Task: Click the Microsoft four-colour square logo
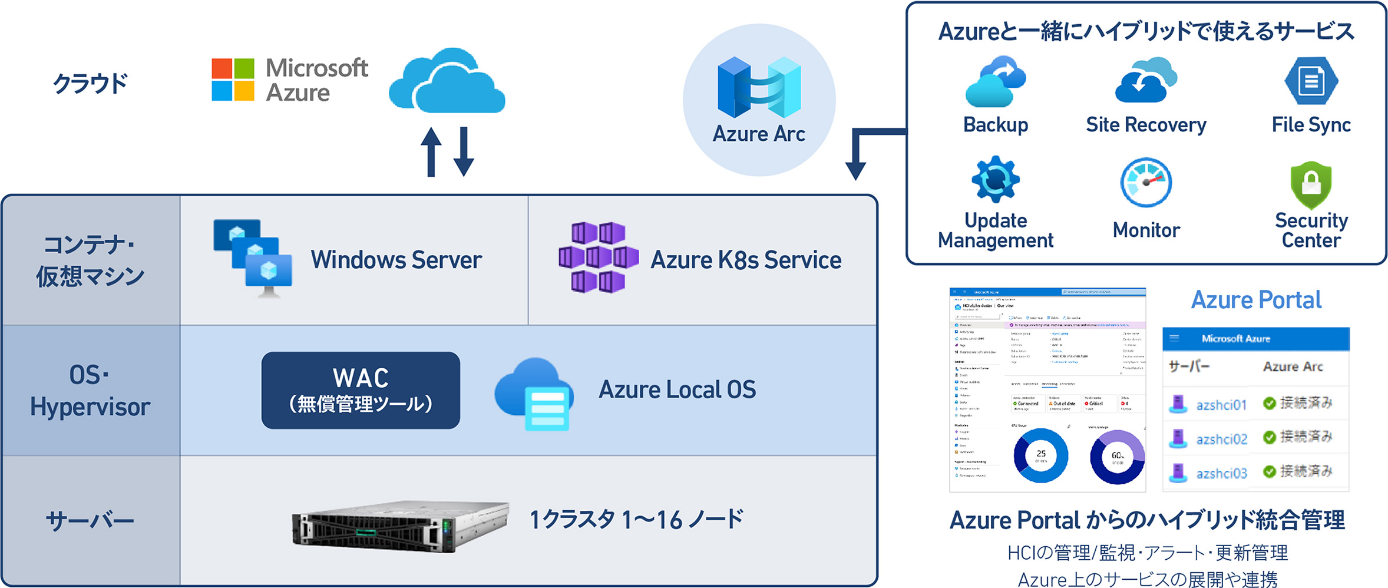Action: click(233, 80)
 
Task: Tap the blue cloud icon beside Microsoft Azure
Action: click(447, 82)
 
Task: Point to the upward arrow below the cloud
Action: click(431, 152)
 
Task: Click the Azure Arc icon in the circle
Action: click(759, 87)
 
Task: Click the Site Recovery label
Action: click(1146, 125)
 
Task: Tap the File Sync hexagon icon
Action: click(1311, 81)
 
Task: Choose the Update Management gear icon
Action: click(995, 179)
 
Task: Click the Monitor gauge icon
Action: click(1146, 182)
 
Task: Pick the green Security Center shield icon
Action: click(1311, 184)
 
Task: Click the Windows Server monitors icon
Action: click(253, 257)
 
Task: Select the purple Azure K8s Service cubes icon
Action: click(598, 257)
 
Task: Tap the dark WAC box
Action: click(361, 390)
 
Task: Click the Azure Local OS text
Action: click(677, 390)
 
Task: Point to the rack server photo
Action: click(400, 526)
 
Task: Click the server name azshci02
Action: click(1221, 440)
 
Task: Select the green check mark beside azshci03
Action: click(1270, 471)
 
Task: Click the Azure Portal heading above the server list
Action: click(1256, 300)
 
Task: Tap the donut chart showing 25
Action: click(1040, 455)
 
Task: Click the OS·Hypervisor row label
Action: click(90, 391)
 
